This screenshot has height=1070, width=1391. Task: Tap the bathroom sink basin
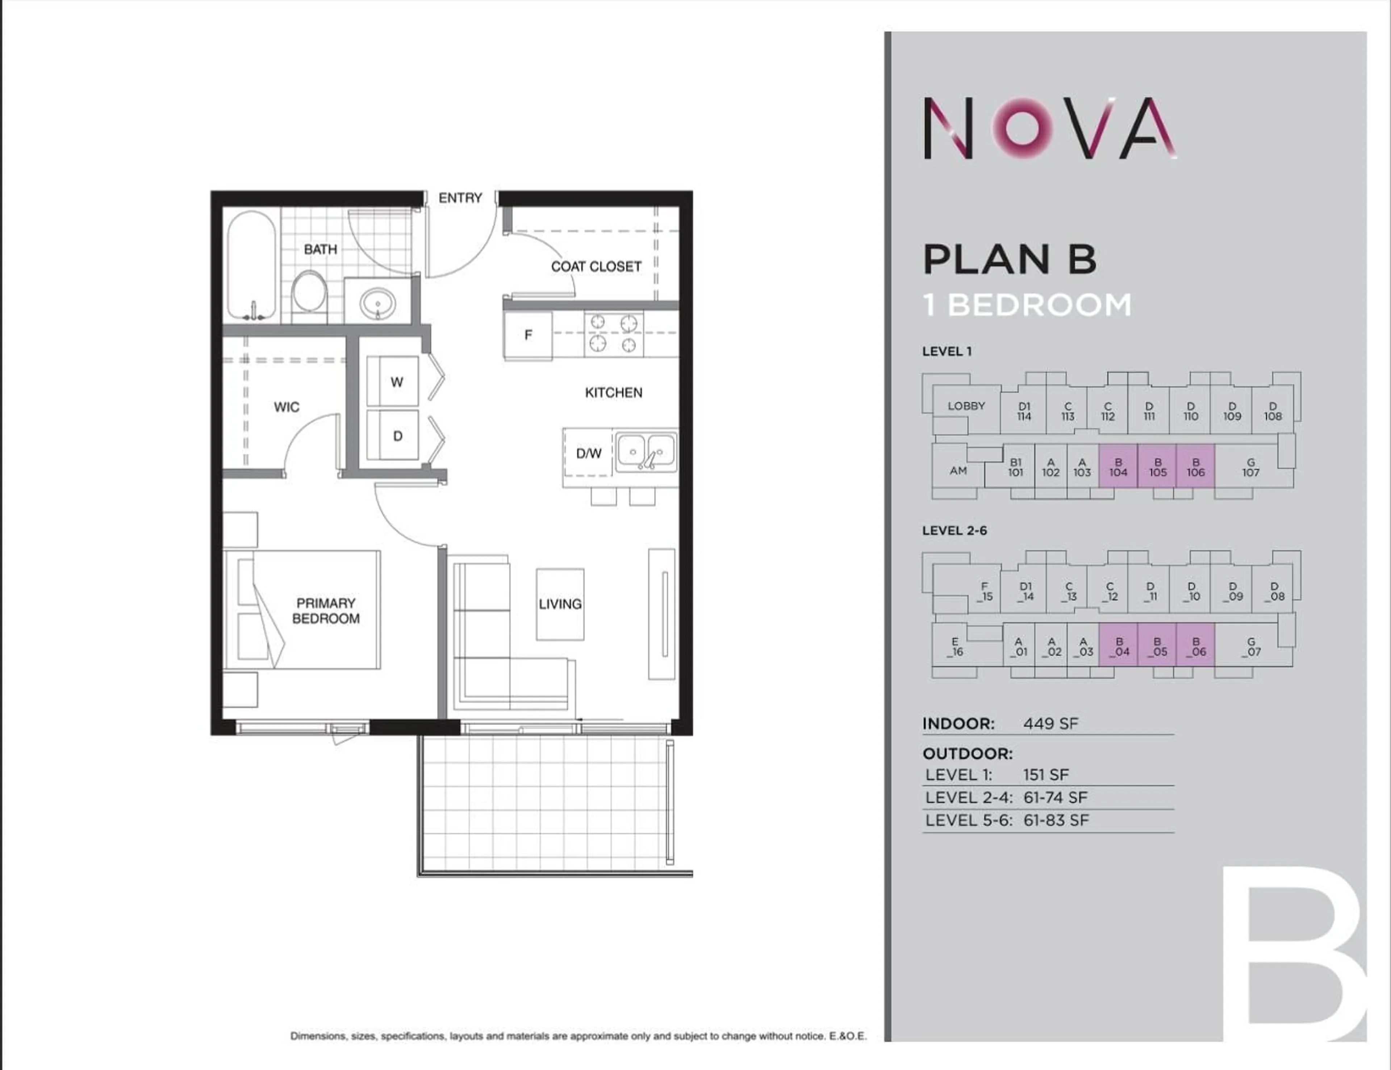377,303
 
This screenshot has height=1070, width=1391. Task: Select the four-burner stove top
613,334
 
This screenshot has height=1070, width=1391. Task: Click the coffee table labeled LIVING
560,604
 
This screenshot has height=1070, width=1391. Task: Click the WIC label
287,407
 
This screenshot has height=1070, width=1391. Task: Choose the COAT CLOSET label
596,267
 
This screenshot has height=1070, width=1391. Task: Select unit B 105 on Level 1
1157,467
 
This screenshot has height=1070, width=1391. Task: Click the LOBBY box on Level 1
966,406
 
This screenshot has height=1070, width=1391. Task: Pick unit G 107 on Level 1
1250,467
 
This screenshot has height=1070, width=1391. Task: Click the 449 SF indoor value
1050,724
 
